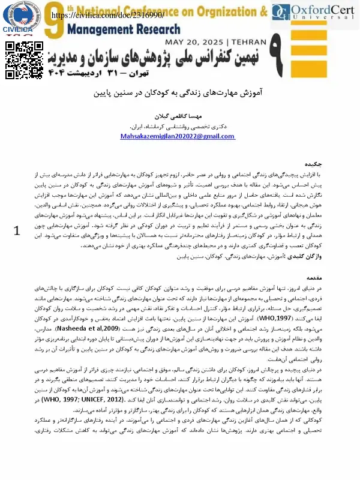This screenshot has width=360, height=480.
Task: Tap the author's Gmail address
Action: (x=185, y=137)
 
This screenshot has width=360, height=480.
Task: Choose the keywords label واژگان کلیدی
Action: (x=306, y=256)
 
